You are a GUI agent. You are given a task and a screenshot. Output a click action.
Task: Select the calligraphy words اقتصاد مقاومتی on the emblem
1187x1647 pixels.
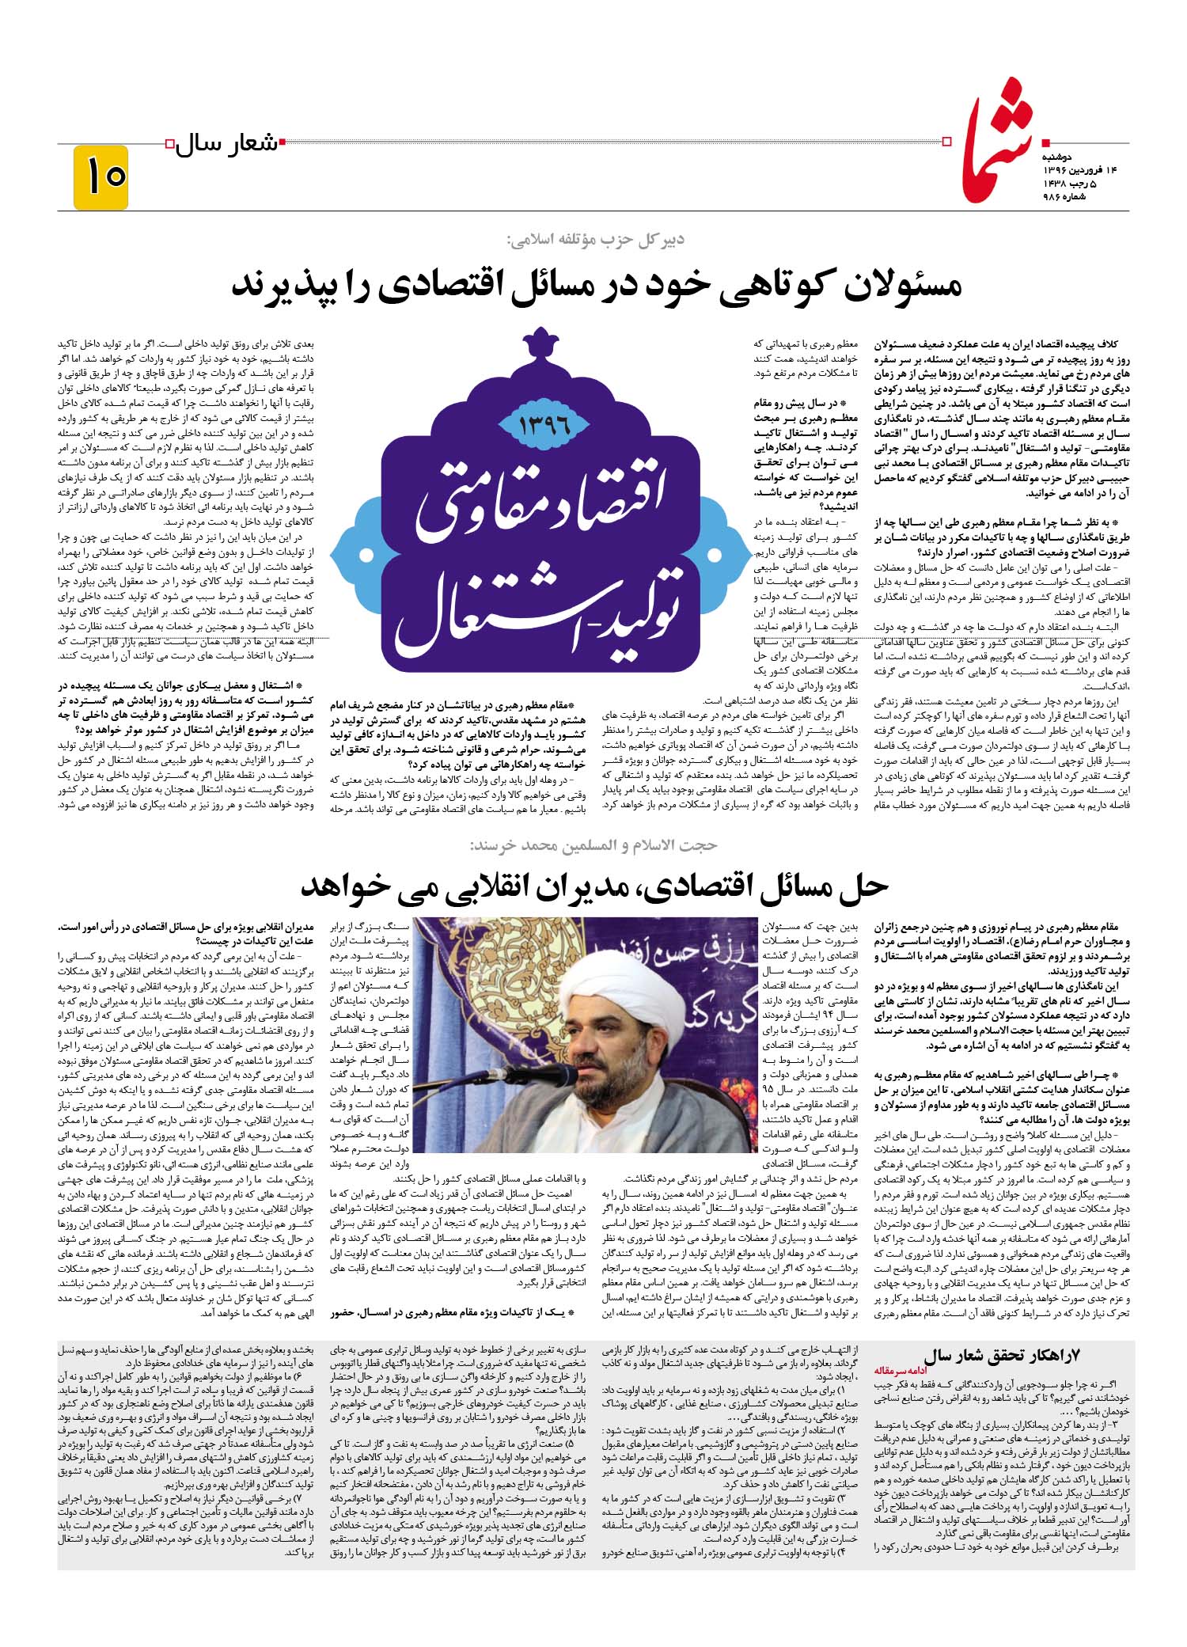(x=543, y=507)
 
